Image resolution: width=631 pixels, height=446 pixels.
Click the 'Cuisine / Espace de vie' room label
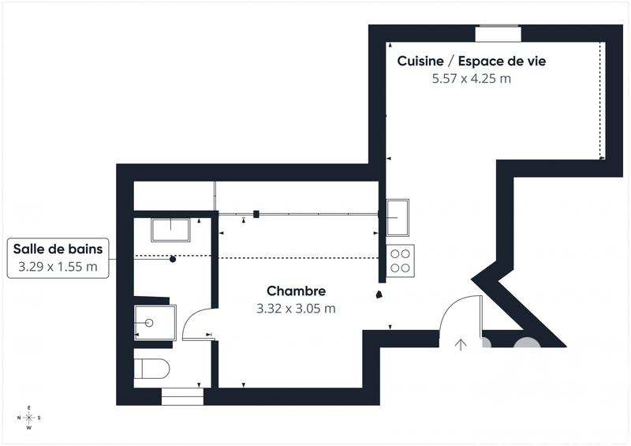471,61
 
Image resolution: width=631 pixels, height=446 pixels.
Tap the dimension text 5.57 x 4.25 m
471,78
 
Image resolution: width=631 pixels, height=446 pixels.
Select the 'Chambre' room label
296,291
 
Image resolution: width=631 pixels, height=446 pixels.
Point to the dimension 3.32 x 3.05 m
296,309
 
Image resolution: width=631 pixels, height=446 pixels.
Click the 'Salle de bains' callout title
58,249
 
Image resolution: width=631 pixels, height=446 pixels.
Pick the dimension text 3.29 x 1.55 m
58,267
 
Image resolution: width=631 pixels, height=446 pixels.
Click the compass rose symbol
29,418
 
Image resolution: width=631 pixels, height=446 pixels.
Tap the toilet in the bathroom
151,369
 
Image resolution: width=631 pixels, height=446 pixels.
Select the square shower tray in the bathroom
155,322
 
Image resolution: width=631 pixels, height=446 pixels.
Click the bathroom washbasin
170,230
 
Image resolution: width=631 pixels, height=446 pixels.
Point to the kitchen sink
397,217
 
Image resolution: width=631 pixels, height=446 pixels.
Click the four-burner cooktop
400,260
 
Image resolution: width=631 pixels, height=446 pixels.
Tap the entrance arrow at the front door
461,343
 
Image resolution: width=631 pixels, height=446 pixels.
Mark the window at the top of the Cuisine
498,32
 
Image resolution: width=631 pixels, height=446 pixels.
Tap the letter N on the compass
18,418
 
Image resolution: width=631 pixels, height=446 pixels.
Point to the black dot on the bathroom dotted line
173,259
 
